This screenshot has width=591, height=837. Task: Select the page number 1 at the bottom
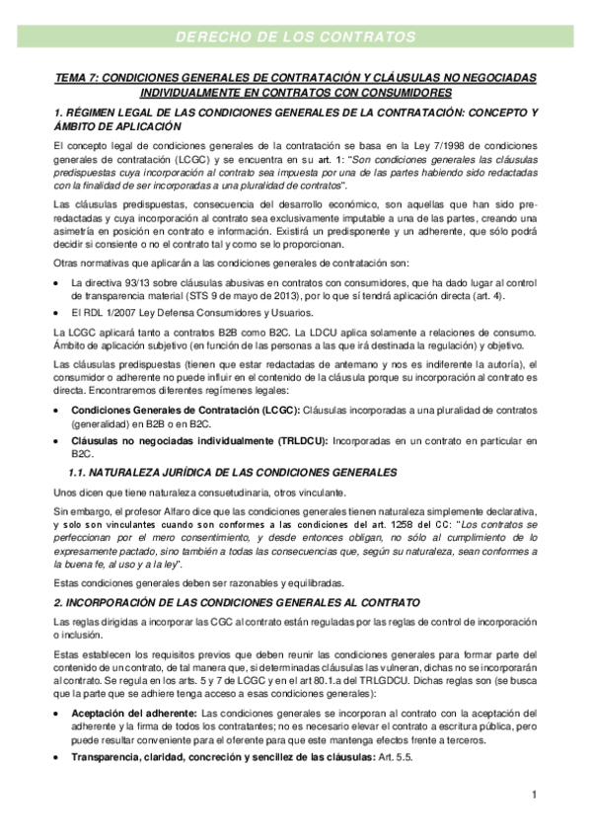pos(532,795)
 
